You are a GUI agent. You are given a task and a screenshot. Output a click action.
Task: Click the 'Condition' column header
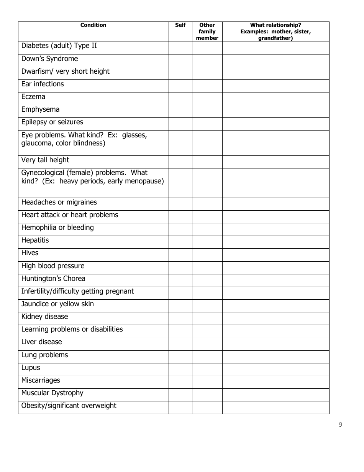[x=93, y=25]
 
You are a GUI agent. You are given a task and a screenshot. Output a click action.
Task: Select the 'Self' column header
[x=180, y=25]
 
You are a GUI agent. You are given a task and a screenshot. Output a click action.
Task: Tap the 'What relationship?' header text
[x=275, y=25]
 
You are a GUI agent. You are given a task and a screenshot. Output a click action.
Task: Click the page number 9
[x=341, y=424]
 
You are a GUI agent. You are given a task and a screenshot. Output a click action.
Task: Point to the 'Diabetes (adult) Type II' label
[x=59, y=46]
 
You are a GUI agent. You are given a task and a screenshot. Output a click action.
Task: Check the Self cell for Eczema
[x=180, y=99]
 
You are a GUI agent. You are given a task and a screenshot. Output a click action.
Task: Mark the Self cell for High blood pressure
[x=180, y=268]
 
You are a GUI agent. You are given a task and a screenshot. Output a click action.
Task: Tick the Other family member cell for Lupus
[x=207, y=370]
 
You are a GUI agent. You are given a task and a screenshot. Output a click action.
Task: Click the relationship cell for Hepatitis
[x=275, y=242]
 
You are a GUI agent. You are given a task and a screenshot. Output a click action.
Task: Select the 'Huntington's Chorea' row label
[x=53, y=279]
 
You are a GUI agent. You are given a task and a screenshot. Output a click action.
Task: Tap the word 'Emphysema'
[x=40, y=110]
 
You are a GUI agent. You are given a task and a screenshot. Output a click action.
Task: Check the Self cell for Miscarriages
[x=180, y=382]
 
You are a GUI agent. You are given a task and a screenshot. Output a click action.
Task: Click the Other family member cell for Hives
[x=207, y=255]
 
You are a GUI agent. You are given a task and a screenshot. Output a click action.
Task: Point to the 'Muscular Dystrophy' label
[x=52, y=393]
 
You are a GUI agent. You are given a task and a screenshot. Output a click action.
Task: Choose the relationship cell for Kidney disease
[x=275, y=319]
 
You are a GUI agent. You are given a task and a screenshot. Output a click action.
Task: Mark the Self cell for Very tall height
[x=180, y=162]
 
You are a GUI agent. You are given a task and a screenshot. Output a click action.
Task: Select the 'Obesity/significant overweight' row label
[x=69, y=406]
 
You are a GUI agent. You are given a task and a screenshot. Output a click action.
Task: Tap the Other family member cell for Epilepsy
[x=207, y=124]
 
